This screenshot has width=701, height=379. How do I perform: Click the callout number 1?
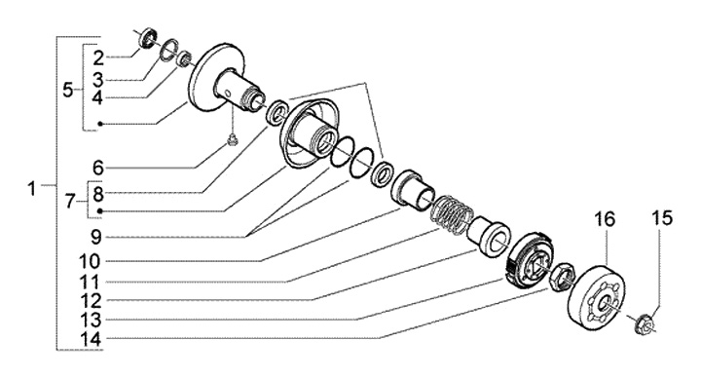point(31,188)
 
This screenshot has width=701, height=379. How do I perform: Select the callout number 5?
point(67,90)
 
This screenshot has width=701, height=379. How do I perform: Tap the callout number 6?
point(98,169)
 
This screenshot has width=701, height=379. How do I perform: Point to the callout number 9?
point(96,237)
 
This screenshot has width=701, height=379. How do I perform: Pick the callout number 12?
point(92,301)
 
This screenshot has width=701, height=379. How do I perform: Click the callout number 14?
point(92,338)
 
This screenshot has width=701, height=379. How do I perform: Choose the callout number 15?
point(662,218)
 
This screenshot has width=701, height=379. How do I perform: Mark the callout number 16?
point(605,219)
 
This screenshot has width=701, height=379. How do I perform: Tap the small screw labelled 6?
point(232,141)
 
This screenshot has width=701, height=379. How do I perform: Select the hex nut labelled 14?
point(563,277)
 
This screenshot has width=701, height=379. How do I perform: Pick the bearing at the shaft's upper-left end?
point(148,38)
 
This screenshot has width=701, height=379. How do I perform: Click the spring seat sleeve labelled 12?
point(489,235)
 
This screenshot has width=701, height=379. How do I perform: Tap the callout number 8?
point(98,194)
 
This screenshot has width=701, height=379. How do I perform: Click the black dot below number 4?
point(100,124)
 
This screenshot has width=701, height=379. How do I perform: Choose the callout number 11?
point(90,282)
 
